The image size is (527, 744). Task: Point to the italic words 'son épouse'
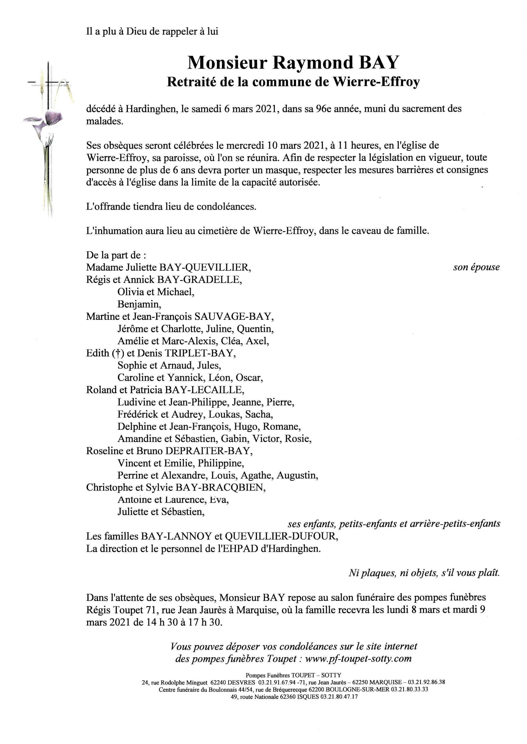(476, 267)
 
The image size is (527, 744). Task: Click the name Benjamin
(139, 304)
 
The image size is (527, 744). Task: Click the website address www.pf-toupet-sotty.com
(358, 659)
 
